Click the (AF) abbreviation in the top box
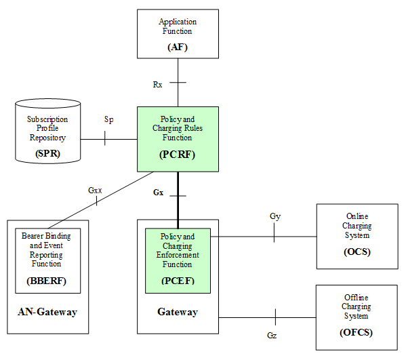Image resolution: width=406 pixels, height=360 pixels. pyautogui.click(x=178, y=47)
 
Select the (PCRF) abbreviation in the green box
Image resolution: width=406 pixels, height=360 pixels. pyautogui.click(x=178, y=154)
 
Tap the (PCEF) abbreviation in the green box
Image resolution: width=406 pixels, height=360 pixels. pyautogui.click(x=178, y=279)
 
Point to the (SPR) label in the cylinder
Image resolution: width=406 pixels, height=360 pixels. pyautogui.click(x=47, y=153)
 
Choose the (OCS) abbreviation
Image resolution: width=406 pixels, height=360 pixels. pyautogui.click(x=357, y=252)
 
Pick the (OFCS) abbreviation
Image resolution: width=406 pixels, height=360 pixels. pyautogui.click(x=357, y=332)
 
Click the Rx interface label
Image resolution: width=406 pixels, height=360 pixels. pyautogui.click(x=158, y=84)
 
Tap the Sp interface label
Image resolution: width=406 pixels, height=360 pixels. pyautogui.click(x=108, y=119)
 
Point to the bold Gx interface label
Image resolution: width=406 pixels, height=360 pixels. pyautogui.click(x=158, y=193)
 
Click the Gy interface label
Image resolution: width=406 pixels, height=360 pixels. pyautogui.click(x=275, y=216)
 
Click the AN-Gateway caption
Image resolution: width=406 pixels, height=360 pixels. pyautogui.click(x=47, y=312)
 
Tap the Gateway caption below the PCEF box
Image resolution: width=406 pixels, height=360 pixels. pyautogui.click(x=178, y=312)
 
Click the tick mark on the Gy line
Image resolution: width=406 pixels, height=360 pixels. pyautogui.click(x=274, y=237)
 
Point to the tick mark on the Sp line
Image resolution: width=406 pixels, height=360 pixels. pyautogui.click(x=104, y=139)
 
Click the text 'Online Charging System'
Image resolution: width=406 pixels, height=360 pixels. pyautogui.click(x=357, y=226)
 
